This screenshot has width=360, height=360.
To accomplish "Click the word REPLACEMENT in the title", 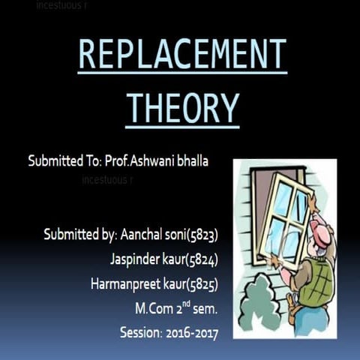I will pyautogui.click(x=182, y=55).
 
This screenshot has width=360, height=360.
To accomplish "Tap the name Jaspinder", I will pyautogui.click(x=134, y=259).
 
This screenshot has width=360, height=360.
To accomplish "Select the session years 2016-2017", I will pyautogui.click(x=190, y=331).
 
